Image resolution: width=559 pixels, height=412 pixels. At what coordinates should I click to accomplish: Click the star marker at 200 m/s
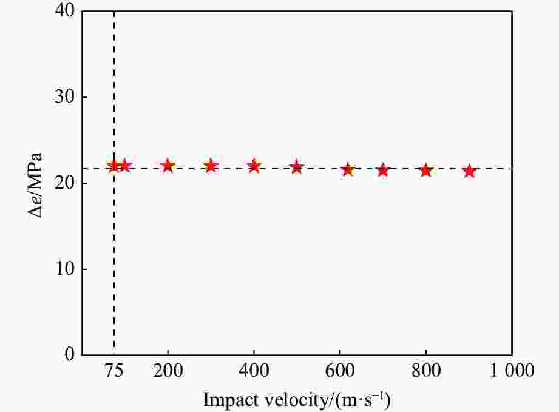tap(168, 165)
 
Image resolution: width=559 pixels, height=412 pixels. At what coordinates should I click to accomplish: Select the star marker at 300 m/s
tap(211, 165)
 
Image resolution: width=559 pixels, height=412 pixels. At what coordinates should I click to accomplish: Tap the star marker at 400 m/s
tap(254, 165)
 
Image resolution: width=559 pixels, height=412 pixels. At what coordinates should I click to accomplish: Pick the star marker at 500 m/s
tap(297, 167)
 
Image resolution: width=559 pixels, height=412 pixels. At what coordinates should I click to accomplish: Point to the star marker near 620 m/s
tap(348, 169)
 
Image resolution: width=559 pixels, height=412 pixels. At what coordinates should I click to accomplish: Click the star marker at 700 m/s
tap(382, 170)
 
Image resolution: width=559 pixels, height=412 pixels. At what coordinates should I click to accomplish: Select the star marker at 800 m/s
tap(425, 170)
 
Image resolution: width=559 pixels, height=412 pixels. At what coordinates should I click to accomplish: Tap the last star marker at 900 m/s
tap(469, 171)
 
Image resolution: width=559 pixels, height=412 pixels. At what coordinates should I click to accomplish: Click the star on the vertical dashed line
tap(113, 165)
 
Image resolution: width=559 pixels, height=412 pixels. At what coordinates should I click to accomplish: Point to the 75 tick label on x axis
tap(113, 370)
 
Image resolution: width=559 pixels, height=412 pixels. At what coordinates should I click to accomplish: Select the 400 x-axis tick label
tap(254, 370)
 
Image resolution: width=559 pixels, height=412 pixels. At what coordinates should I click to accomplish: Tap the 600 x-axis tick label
tap(340, 370)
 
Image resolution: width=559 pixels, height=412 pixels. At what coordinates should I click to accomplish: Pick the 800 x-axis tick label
tap(425, 370)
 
